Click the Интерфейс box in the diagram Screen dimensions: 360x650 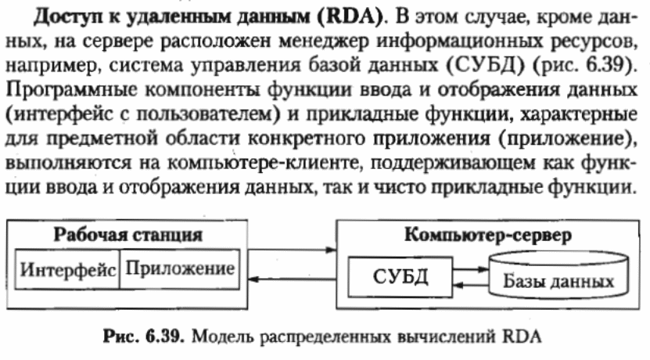(67, 271)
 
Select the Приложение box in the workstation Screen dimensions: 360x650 (180, 270)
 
